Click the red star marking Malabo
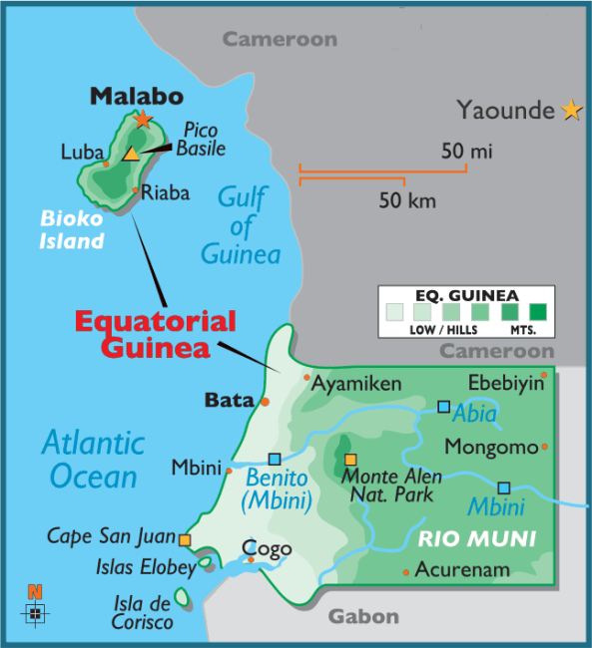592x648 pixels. tap(143, 120)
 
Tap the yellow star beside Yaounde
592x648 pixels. tap(572, 110)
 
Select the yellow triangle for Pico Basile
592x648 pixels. tap(131, 154)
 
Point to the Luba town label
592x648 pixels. tap(82, 153)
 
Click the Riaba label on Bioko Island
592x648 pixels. tap(165, 193)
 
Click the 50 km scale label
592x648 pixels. tap(407, 201)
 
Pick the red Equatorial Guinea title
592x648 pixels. tap(156, 335)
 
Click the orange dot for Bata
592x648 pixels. tap(265, 401)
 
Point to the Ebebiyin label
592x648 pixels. tap(506, 383)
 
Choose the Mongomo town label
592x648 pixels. tap(490, 446)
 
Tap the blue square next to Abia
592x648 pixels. tap(443, 406)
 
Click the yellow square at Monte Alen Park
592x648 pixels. tap(350, 460)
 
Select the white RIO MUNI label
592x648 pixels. tap(477, 539)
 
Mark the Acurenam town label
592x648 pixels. tap(462, 570)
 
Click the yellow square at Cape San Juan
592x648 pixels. tap(185, 540)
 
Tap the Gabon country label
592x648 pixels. tap(364, 616)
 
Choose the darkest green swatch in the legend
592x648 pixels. tap(540, 309)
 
